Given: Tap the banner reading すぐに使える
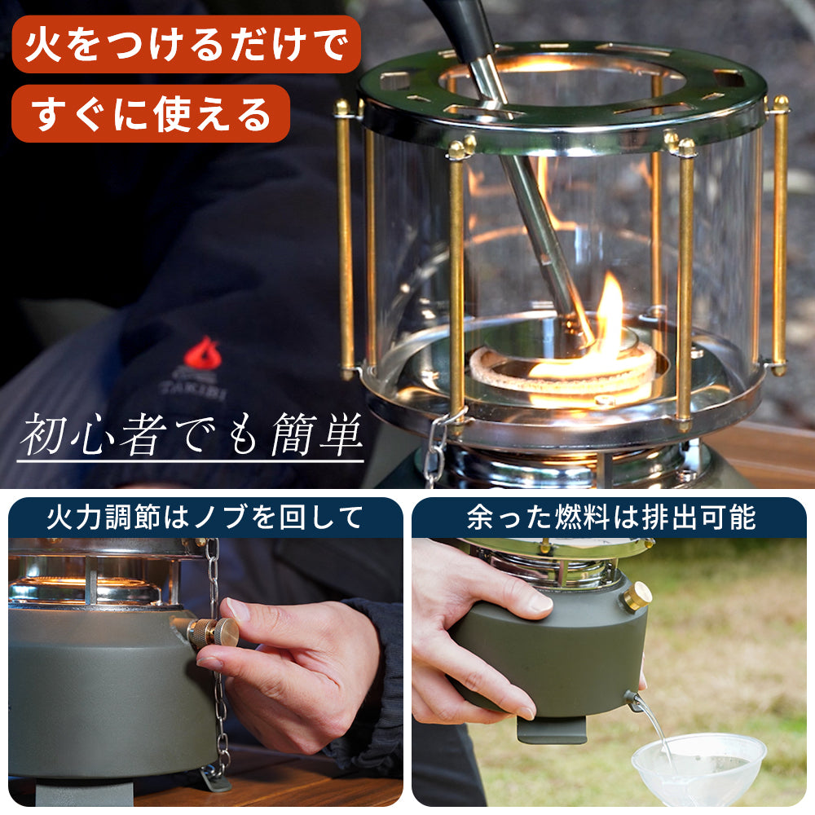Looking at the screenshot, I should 151,113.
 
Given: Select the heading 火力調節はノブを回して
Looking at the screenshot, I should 205,518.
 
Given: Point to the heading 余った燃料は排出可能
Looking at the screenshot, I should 610,518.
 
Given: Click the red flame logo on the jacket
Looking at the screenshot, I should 202,355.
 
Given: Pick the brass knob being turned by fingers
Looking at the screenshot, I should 214,633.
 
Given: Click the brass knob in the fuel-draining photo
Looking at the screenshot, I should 637,597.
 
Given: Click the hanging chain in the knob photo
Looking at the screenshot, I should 218,693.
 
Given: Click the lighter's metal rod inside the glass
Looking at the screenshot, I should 538,220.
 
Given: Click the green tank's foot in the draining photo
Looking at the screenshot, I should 551,729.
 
